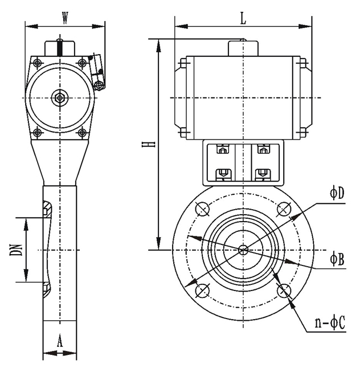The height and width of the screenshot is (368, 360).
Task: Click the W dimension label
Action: [x=65, y=18]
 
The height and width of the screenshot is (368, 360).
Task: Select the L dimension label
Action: [x=243, y=18]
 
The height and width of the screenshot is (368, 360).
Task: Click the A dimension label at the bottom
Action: [x=59, y=342]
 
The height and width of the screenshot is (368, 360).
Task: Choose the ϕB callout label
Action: [x=337, y=259]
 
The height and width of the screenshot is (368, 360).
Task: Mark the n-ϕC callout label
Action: [x=330, y=324]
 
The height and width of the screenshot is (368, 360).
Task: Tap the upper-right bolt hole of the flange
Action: [x=284, y=210]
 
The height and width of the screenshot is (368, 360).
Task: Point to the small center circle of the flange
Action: [x=243, y=250]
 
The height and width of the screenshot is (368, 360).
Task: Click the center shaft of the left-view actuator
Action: [x=59, y=97]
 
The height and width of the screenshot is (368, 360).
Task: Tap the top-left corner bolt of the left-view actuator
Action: [x=38, y=63]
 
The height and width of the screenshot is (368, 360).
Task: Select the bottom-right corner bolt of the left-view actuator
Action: [x=82, y=133]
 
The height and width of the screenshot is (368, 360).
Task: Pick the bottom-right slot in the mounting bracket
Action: [x=263, y=173]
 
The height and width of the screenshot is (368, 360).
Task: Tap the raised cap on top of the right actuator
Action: [x=243, y=47]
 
